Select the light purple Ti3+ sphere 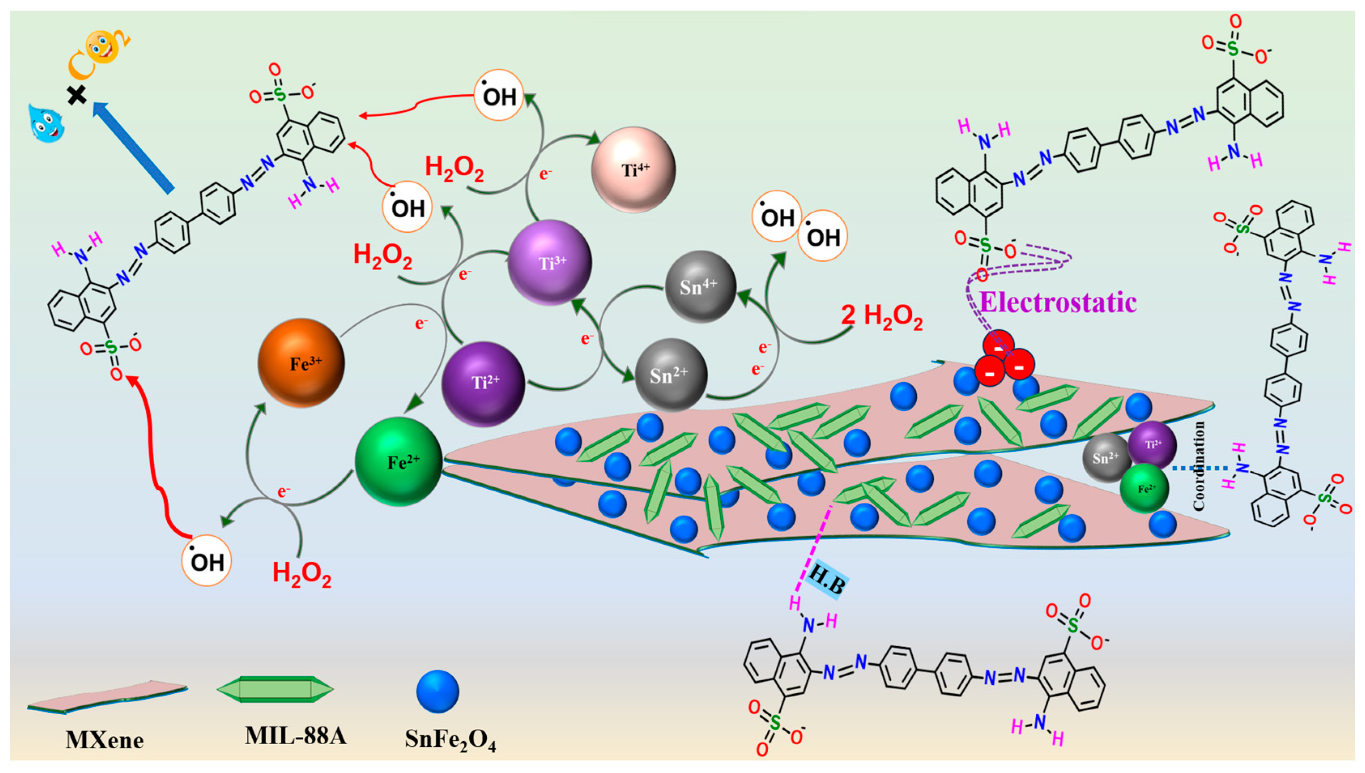tap(550, 263)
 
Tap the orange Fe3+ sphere tap(301, 363)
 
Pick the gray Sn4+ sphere tap(701, 287)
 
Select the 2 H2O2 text tap(882, 317)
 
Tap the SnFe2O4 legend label tap(450, 739)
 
